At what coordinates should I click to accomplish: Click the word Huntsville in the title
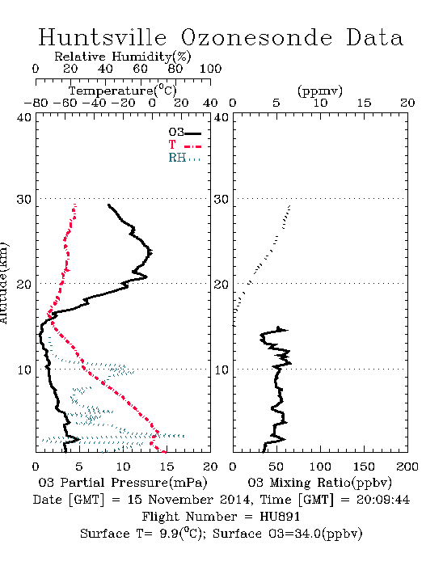103,37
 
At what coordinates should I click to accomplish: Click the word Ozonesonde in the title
256,37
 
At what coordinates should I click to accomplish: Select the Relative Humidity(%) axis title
123,57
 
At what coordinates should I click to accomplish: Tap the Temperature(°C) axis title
123,91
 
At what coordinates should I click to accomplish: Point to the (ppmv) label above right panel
320,91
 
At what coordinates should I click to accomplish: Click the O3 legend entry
184,133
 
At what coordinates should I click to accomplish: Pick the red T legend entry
184,145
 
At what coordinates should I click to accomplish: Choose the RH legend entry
184,158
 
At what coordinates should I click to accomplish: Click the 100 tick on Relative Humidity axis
210,69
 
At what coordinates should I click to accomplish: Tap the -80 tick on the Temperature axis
36,103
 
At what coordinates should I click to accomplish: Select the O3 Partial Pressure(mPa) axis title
123,483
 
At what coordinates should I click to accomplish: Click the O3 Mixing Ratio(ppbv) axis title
319,483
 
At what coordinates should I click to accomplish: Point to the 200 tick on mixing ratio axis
407,467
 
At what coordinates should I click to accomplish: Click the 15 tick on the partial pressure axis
167,467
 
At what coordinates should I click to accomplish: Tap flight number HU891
280,517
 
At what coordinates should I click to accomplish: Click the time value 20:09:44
383,500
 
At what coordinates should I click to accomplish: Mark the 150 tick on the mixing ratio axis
364,467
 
